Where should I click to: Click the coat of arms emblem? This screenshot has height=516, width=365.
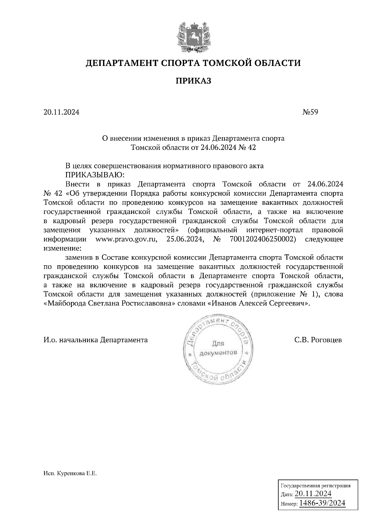[193, 37]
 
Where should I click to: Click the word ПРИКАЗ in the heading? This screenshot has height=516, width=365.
[193, 81]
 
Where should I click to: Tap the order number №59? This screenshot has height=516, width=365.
[310, 112]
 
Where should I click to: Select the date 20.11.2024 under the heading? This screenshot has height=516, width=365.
[61, 112]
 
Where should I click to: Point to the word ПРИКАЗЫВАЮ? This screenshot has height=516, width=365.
[95, 175]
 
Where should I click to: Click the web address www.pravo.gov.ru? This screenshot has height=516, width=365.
[126, 239]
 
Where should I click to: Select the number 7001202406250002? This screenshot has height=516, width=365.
[261, 239]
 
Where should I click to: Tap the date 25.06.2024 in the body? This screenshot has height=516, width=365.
[185, 239]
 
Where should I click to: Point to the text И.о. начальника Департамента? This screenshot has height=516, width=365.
[96, 339]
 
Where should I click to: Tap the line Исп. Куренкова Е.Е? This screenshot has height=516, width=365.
[70, 473]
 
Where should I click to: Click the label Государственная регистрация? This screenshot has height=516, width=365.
[315, 485]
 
